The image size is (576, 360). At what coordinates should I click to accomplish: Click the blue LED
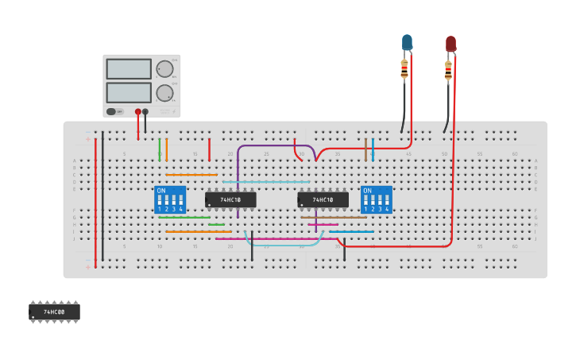point(407,41)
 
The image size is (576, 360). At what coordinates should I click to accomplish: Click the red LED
point(450,43)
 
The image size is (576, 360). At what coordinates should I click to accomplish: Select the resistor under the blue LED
point(404,70)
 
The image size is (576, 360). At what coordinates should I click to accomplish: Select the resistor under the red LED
point(448,71)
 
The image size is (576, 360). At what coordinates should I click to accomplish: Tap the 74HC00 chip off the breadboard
point(54,312)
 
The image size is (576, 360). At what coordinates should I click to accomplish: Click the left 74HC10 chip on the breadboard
point(230,199)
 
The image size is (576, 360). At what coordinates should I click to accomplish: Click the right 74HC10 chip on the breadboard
point(323,199)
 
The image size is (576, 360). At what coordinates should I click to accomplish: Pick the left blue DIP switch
point(170,200)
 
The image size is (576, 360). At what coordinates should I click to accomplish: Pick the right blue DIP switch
point(376,200)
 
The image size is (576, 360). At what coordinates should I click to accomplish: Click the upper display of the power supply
point(129,69)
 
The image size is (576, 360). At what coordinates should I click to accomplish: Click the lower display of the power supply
point(129,93)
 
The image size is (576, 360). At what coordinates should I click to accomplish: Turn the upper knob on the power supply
point(164,69)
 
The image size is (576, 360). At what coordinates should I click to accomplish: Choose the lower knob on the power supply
point(164,93)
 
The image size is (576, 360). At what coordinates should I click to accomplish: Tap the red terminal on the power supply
point(138,111)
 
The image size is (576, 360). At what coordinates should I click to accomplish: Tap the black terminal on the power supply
point(145,111)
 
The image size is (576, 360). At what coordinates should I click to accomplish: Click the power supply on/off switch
point(111,111)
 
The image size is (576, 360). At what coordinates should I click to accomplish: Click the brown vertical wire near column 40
point(365,149)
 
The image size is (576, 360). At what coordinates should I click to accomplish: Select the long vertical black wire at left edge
point(102,199)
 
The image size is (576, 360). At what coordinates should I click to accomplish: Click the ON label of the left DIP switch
point(161,191)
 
